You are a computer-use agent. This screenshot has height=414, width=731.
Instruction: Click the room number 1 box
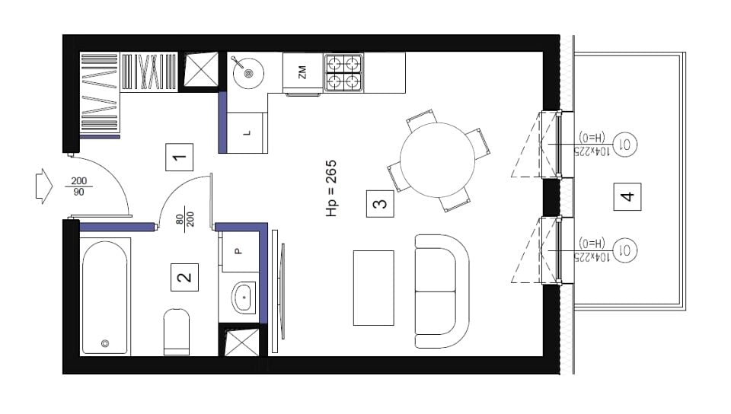click(x=180, y=158)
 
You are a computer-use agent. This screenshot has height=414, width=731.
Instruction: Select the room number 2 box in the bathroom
click(x=184, y=277)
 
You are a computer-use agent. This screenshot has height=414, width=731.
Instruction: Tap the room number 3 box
click(x=380, y=203)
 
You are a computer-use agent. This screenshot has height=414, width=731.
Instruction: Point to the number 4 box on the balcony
click(x=627, y=196)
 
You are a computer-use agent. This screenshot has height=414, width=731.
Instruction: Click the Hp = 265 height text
click(x=331, y=188)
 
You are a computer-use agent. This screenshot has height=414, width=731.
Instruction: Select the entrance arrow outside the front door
click(x=44, y=186)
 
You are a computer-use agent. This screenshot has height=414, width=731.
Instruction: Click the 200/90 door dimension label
click(x=78, y=186)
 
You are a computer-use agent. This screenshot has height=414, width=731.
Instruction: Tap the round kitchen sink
click(x=248, y=72)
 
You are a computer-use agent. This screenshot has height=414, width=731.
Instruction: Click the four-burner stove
click(x=343, y=72)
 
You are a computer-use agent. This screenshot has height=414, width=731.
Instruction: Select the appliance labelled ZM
click(x=303, y=73)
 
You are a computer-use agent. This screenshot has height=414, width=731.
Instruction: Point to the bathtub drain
click(x=105, y=344)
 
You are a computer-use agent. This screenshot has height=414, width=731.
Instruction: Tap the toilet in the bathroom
click(x=177, y=332)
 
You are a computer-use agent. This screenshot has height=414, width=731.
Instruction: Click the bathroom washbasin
click(x=244, y=297)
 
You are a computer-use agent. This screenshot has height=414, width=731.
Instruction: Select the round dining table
click(x=437, y=160)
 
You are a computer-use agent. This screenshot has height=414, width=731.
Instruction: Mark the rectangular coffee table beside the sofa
click(x=373, y=288)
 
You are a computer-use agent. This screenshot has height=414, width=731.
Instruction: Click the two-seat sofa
click(x=442, y=291)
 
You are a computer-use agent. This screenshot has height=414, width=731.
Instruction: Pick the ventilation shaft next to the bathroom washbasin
click(x=241, y=342)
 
